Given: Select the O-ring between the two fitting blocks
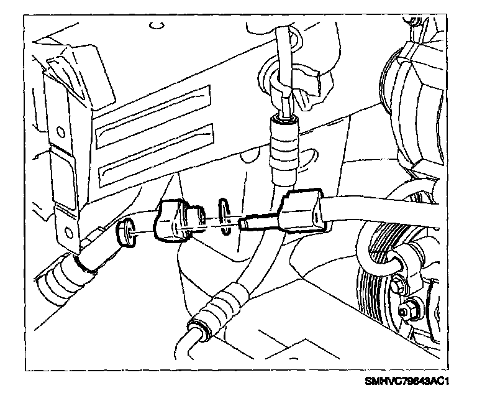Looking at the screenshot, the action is coord(225,216).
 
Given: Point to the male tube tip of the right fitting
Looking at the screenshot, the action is coord(258,221).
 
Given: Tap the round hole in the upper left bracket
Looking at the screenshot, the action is coord(60,132).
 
